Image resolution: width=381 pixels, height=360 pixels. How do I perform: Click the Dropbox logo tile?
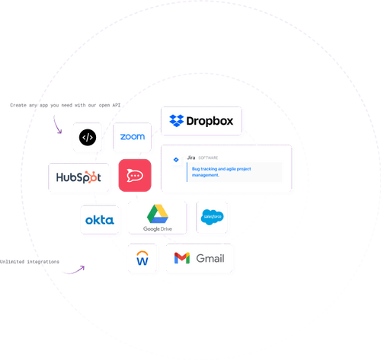202,121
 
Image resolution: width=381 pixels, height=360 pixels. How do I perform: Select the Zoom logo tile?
133,137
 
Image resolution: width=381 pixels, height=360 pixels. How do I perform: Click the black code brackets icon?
88,138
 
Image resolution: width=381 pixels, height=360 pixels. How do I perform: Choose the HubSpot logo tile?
79,177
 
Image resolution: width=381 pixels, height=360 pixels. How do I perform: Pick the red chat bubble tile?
135,176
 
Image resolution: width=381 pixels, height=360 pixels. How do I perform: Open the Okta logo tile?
99,220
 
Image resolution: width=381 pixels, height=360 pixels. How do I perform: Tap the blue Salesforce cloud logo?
211,218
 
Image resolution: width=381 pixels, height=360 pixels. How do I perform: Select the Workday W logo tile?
142,259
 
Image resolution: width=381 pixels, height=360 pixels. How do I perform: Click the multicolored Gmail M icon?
181,259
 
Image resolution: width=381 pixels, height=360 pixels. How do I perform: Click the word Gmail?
210,259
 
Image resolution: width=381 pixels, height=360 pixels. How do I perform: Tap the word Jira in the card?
191,158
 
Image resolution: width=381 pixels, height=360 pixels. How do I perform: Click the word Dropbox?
213,120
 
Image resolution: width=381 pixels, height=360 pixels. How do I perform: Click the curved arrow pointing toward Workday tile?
72,270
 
